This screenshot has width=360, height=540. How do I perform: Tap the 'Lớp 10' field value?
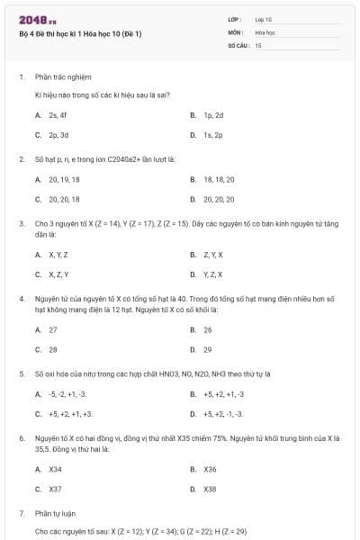click(x=264, y=19)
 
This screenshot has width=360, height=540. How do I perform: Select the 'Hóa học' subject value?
click(x=265, y=31)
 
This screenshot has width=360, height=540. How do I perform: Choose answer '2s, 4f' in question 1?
click(x=58, y=115)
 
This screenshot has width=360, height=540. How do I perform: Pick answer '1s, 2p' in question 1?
click(x=212, y=135)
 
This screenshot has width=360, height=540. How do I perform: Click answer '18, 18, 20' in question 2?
click(x=218, y=179)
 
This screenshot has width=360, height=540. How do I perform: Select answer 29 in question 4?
click(x=208, y=349)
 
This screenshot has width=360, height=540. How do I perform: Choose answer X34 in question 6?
click(x=55, y=469)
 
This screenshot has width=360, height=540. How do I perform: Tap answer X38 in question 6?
click(x=210, y=489)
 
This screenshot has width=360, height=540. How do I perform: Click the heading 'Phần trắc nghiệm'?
click(x=63, y=77)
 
